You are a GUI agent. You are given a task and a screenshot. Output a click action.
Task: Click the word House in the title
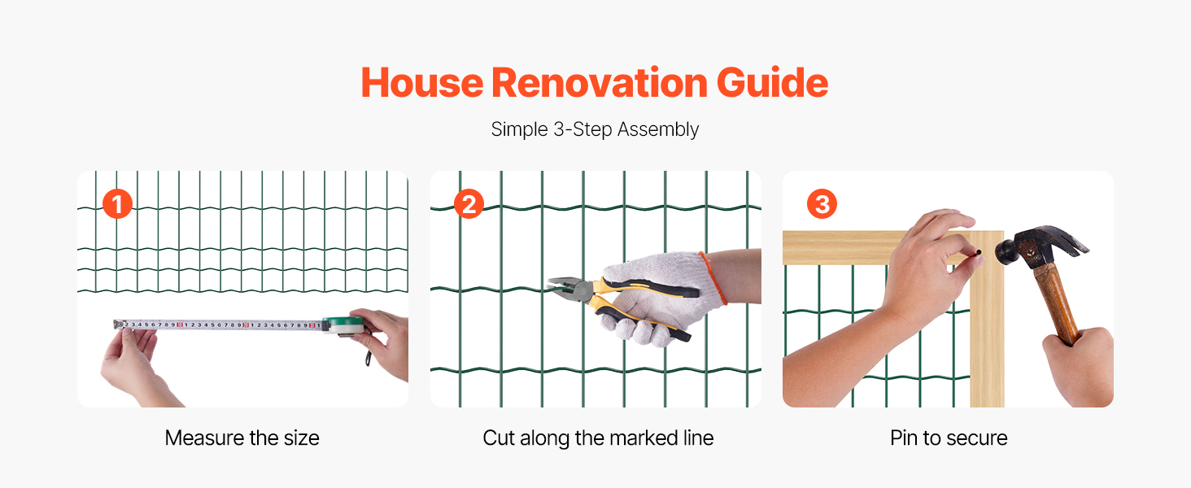(422, 83)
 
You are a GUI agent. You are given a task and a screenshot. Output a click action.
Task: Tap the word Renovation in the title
(600, 83)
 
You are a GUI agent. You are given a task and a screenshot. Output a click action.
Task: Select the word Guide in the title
(773, 83)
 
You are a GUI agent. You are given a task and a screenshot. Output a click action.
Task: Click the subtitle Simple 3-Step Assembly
(595, 129)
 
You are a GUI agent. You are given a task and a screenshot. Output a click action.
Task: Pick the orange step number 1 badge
(117, 204)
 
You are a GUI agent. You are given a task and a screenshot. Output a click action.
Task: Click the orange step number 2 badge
(469, 204)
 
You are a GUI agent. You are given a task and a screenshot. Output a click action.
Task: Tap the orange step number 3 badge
(822, 204)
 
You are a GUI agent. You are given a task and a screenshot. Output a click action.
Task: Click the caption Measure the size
(242, 438)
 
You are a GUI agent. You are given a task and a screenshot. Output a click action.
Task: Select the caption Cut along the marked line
(598, 438)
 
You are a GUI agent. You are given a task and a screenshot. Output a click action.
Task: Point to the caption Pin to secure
(949, 438)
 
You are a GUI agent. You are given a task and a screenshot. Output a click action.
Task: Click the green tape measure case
(345, 325)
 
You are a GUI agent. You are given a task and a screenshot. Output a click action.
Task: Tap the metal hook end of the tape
(119, 324)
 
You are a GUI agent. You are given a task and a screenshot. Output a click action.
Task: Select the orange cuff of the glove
(713, 278)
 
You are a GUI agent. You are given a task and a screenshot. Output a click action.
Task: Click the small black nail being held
(979, 252)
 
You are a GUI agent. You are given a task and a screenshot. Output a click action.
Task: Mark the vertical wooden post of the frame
(988, 319)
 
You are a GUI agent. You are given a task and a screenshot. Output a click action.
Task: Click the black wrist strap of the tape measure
(368, 354)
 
